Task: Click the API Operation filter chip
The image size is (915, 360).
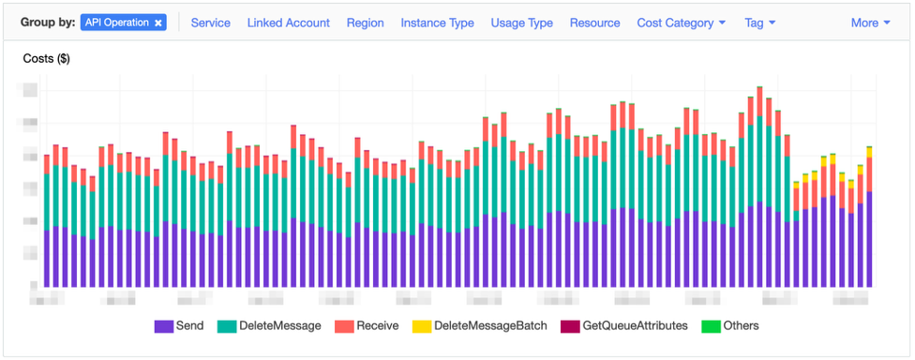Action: tap(116, 22)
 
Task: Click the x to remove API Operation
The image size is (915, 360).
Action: tap(158, 22)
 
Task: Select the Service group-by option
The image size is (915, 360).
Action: tap(210, 22)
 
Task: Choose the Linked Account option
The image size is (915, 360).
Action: tap(288, 22)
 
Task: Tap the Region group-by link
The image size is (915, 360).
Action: tap(365, 22)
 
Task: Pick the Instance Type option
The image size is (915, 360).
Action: tap(437, 22)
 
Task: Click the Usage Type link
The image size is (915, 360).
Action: tap(521, 22)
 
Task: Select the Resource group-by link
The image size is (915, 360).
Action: tap(594, 22)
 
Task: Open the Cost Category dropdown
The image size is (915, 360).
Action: tap(682, 22)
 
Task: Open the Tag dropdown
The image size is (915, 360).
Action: tap(759, 22)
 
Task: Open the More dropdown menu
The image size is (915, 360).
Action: tap(870, 22)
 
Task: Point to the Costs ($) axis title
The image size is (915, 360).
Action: tap(46, 59)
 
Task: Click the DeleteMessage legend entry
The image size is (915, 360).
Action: tap(280, 326)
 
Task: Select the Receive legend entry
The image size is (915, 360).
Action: tap(379, 326)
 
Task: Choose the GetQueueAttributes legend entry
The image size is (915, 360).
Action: tap(635, 326)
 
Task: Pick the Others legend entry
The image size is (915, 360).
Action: tap(741, 326)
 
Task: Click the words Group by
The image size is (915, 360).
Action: tap(48, 22)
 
